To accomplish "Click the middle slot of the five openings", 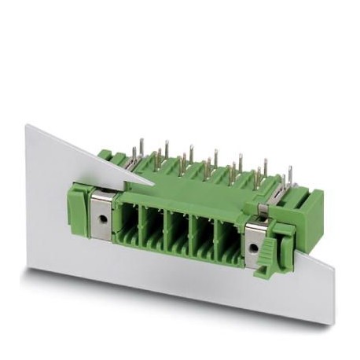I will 179,229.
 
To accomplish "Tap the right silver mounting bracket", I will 255,240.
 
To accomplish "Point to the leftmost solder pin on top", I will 141,148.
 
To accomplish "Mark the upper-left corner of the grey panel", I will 26,126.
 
